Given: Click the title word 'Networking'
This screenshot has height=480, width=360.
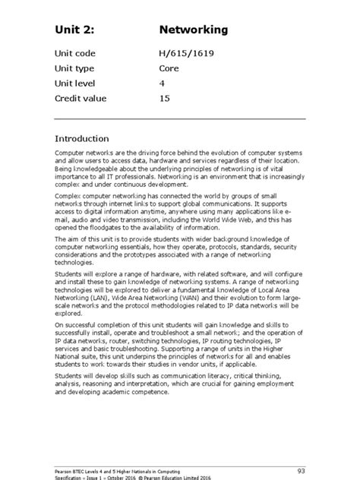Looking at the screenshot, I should (x=193, y=30).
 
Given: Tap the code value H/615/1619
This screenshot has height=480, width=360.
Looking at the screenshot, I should (x=185, y=54).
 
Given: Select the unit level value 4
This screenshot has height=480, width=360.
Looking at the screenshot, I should (x=161, y=84).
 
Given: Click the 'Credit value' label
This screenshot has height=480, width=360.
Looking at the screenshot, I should (x=81, y=99).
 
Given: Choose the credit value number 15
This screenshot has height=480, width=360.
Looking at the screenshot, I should (x=164, y=99).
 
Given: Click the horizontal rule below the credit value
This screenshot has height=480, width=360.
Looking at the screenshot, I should (x=180, y=119).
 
